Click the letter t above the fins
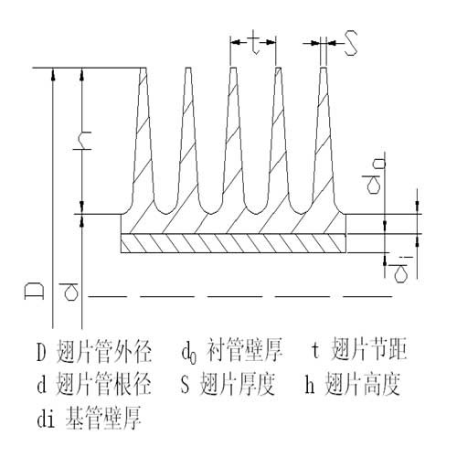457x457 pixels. (x=254, y=42)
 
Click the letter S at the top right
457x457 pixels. (x=351, y=43)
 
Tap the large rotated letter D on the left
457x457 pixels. (x=34, y=292)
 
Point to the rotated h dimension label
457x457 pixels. (x=82, y=141)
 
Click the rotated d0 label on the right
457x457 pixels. (x=374, y=176)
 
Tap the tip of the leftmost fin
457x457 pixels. (x=143, y=68)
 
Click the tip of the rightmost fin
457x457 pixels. (x=324, y=68)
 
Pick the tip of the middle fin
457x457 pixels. (x=233, y=68)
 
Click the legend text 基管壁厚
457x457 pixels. (x=103, y=418)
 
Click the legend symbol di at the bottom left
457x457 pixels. (x=46, y=419)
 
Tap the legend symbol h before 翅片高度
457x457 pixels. (x=310, y=384)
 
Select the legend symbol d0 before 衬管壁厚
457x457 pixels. (x=189, y=354)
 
